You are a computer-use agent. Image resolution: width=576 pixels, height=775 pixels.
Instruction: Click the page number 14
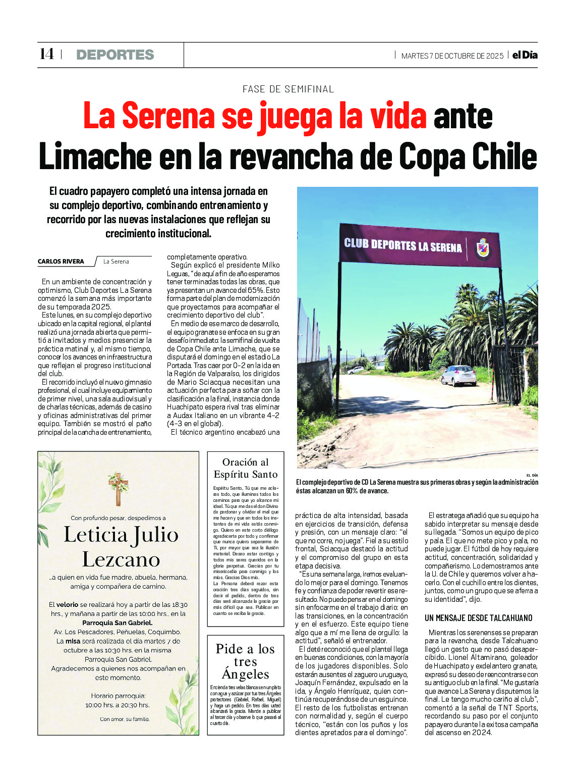[46, 54]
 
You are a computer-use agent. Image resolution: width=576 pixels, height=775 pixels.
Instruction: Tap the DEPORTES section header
[115, 55]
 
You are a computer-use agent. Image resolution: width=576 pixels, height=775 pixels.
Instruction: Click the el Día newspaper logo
[525, 55]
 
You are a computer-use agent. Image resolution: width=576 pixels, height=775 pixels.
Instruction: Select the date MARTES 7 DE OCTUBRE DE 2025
[452, 56]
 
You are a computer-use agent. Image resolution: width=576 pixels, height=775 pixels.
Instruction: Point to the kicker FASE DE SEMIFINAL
[288, 89]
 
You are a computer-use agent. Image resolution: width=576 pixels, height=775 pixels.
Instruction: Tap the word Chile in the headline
[504, 157]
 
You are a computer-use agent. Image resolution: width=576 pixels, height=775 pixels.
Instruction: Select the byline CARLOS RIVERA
[61, 262]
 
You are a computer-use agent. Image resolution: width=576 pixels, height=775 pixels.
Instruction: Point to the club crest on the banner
[483, 248]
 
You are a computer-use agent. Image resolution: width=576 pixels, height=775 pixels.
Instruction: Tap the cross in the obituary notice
[118, 488]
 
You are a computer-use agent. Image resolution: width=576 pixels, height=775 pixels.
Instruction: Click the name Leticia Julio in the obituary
[121, 535]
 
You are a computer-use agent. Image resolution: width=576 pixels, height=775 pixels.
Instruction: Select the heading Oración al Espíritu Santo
[246, 468]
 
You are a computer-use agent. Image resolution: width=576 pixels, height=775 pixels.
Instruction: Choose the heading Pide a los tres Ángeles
[246, 661]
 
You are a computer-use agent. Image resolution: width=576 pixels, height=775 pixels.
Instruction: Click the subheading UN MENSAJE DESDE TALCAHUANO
[478, 618]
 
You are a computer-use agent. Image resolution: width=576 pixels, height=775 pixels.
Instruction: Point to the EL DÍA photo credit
[532, 475]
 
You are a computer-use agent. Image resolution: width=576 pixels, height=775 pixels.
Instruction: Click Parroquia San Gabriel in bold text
[118, 623]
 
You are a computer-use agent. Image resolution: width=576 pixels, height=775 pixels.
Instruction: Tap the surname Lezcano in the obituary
[121, 559]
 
